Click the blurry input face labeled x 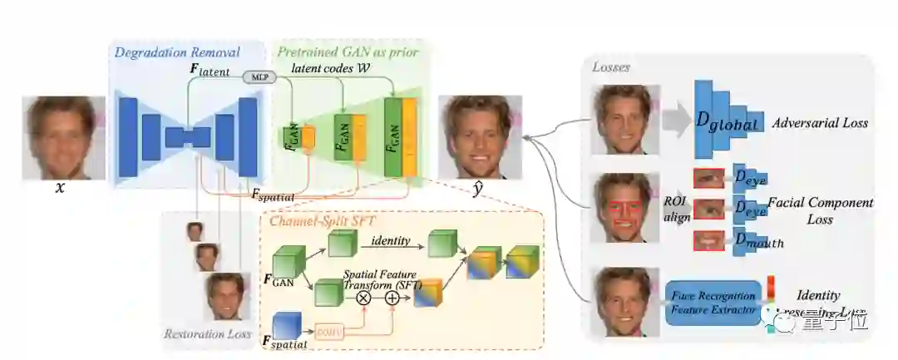click(64, 138)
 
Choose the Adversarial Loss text click(820, 123)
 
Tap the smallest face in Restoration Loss click(195, 231)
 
